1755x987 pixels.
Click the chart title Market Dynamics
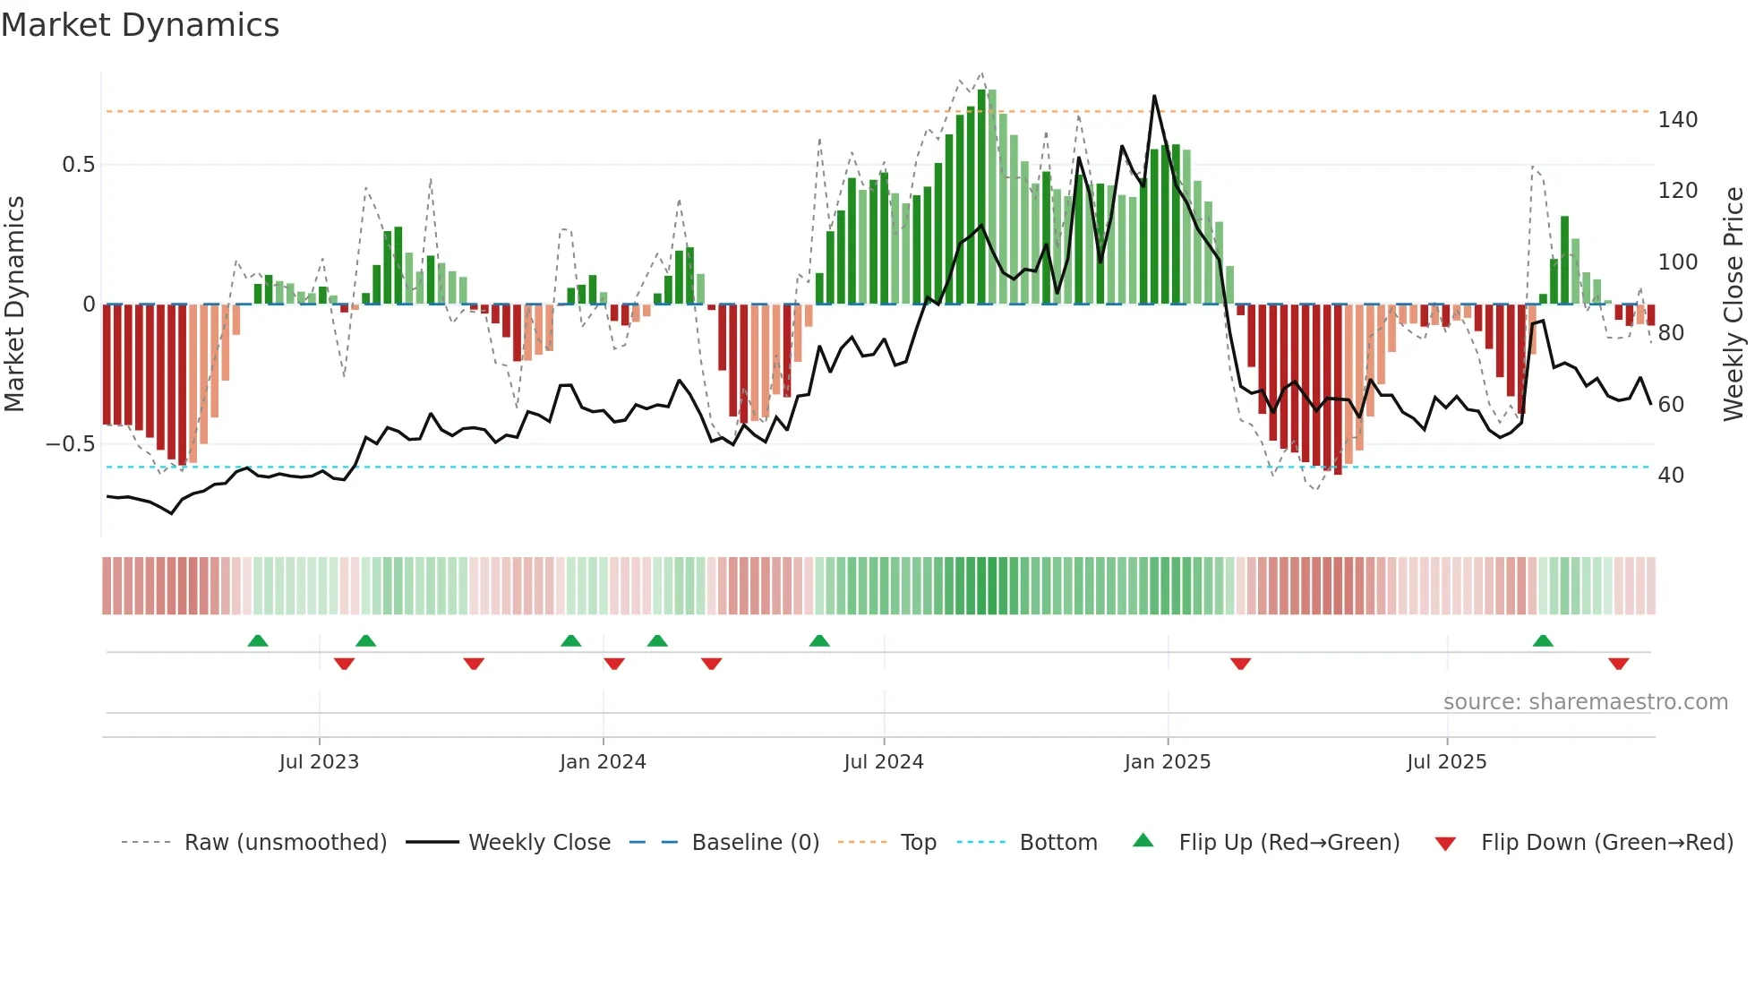(x=141, y=25)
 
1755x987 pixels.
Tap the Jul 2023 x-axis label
(x=319, y=762)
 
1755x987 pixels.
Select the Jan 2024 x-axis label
(x=603, y=762)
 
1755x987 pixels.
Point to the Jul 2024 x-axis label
(x=884, y=762)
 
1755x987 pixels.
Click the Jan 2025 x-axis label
(x=1168, y=762)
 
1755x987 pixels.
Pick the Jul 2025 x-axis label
(x=1447, y=762)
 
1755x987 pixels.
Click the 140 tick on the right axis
(x=1677, y=120)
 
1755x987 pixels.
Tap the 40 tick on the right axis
(x=1671, y=476)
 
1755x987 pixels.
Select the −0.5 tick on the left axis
(x=71, y=444)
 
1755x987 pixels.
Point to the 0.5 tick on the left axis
(x=79, y=165)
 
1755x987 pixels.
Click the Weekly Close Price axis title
(x=1734, y=305)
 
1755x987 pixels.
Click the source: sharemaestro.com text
(x=1585, y=702)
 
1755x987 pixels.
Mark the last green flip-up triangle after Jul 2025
(x=1543, y=641)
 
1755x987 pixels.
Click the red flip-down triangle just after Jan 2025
(x=1240, y=664)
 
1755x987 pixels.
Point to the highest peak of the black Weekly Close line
(x=1154, y=96)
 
